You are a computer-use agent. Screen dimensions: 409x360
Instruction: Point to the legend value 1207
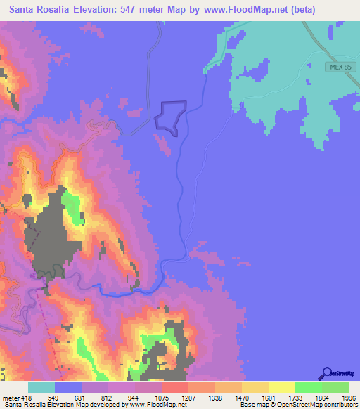[188, 398]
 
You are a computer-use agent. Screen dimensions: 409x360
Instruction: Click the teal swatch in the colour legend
[41, 387]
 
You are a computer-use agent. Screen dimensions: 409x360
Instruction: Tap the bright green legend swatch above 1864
[309, 387]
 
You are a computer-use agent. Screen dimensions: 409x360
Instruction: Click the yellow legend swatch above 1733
[282, 387]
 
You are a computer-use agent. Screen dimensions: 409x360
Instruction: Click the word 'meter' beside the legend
[11, 398]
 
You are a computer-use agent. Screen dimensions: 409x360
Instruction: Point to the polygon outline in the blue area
[171, 116]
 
